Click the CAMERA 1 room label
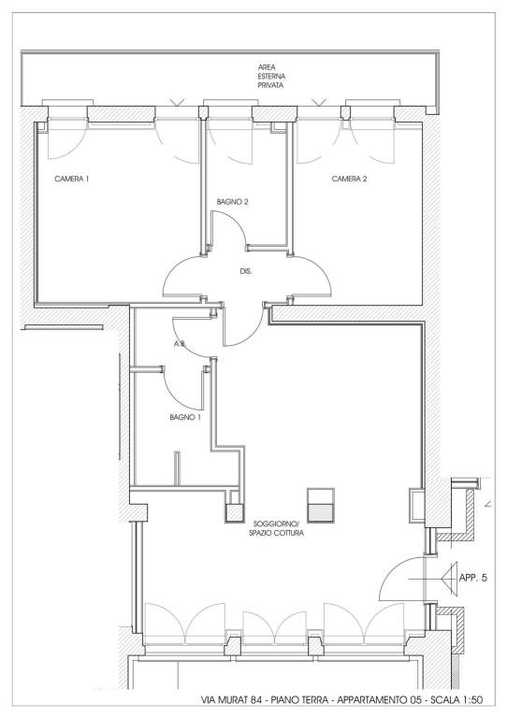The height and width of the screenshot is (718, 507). [x=71, y=179]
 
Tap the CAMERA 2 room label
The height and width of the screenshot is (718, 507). [x=349, y=179]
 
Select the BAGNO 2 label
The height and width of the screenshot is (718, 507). [x=232, y=202]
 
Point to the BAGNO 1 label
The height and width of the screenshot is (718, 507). [x=185, y=417]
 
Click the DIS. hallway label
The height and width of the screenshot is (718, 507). [x=246, y=271]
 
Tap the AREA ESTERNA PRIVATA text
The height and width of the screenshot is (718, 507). [x=270, y=76]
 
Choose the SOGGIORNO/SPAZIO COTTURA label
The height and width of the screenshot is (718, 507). [x=276, y=528]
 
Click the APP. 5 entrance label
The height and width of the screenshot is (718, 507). [x=472, y=578]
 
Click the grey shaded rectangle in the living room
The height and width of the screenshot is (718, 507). [x=321, y=513]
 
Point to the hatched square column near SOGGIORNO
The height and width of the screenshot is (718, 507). [x=234, y=513]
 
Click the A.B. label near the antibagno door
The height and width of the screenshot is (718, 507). [x=179, y=344]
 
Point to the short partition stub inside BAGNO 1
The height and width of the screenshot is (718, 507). [x=177, y=468]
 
